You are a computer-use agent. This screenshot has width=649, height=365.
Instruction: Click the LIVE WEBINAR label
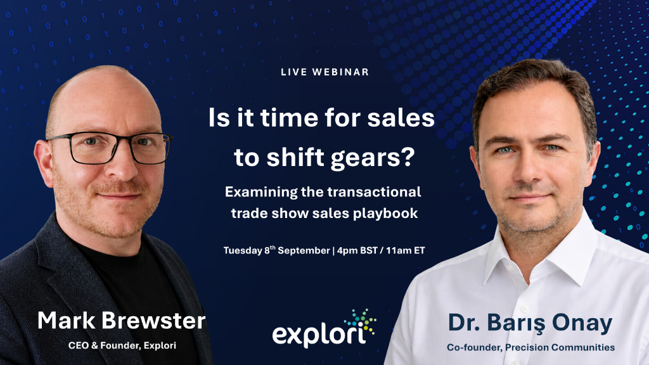tap(324, 72)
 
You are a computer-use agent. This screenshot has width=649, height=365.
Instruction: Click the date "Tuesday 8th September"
tap(276, 250)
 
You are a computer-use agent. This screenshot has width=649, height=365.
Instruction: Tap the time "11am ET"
tap(406, 250)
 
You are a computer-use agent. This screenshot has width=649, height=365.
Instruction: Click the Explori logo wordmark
tap(319, 335)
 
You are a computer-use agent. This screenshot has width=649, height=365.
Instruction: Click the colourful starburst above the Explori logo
tap(360, 321)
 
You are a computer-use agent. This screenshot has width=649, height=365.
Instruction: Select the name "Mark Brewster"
tap(121, 321)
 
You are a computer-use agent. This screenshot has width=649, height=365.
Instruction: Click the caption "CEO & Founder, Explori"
tap(122, 345)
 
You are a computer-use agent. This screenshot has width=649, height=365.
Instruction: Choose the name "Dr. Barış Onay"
tap(530, 323)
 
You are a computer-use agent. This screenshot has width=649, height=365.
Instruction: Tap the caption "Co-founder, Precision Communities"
tap(530, 347)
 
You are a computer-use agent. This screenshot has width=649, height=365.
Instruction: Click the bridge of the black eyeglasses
tap(120, 141)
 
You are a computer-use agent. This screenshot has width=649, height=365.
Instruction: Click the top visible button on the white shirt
tap(525, 309)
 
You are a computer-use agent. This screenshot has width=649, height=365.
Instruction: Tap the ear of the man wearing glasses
tap(44, 162)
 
